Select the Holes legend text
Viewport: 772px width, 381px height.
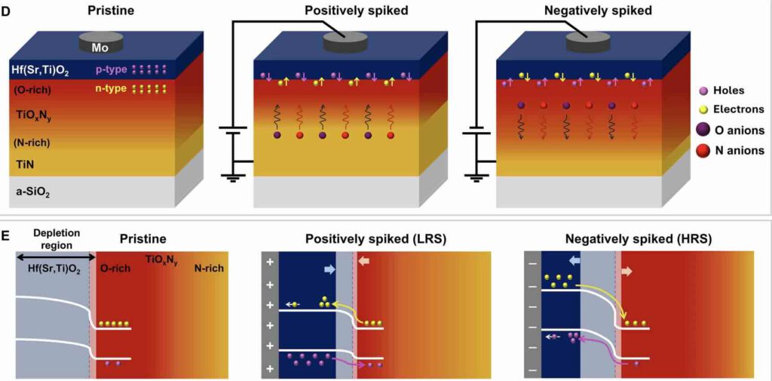coord(728,91)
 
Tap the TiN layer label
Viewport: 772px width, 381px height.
coord(25,163)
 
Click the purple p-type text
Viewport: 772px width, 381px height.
coord(109,69)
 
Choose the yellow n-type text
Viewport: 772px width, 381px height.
coord(109,89)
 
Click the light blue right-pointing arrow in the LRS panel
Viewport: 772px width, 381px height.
coord(329,269)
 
